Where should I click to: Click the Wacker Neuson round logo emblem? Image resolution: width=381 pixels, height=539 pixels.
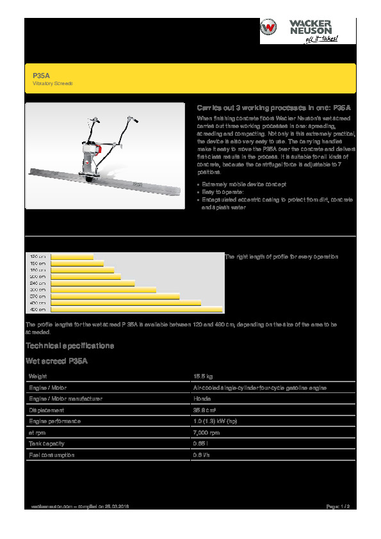point(270,29)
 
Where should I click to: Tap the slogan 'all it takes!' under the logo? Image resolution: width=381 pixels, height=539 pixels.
point(321,38)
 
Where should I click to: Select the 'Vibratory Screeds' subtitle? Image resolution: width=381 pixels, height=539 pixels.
point(53,84)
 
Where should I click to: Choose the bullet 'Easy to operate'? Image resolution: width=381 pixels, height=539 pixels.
point(220,191)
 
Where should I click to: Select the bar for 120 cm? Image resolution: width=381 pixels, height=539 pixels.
point(71,257)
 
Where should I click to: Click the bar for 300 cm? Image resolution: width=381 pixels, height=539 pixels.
point(102,290)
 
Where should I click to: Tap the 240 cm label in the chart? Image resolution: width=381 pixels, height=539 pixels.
point(38,283)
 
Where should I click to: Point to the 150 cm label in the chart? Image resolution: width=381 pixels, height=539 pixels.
point(38,263)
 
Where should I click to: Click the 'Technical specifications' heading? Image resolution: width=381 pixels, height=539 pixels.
point(70,346)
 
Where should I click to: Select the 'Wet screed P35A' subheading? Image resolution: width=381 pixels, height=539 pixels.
point(56,361)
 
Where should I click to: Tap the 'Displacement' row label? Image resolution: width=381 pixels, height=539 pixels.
point(47,410)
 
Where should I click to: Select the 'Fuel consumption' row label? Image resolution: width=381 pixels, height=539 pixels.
point(52,455)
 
